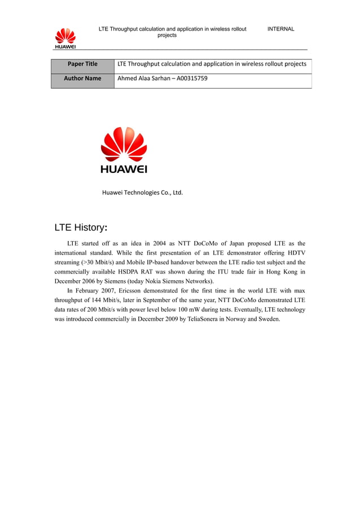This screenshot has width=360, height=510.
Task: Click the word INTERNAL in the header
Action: point(280,29)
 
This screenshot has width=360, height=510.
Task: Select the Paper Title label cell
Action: point(82,64)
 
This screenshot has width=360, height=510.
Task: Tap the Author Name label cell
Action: point(82,79)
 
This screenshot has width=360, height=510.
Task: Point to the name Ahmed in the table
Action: point(128,79)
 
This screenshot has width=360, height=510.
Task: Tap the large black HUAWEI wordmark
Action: point(124,169)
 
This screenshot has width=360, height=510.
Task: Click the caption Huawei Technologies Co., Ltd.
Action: point(142,193)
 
